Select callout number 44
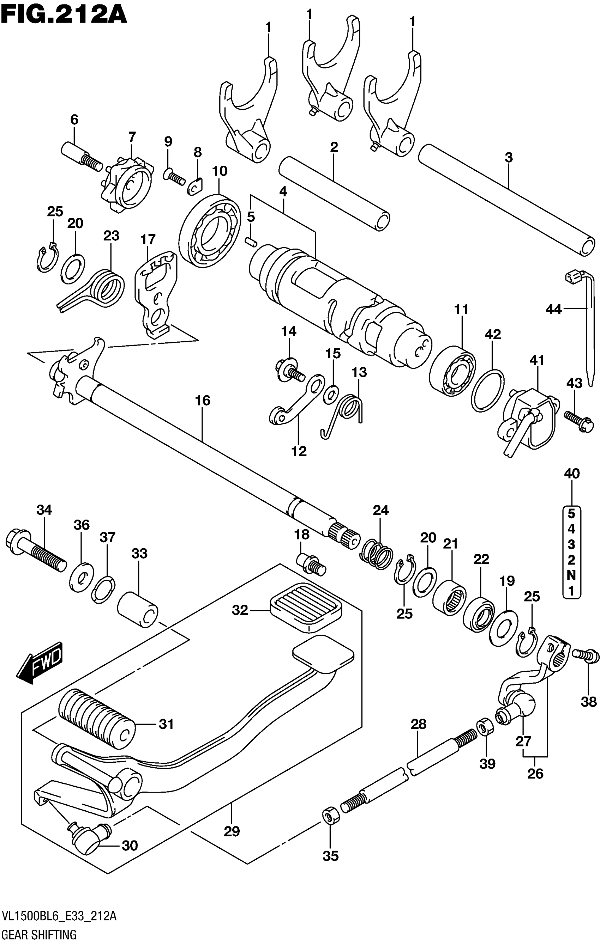pos(554,310)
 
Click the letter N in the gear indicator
pos(571,575)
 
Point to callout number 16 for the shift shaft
pos(203,401)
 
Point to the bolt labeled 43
pos(579,421)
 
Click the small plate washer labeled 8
pos(194,187)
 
